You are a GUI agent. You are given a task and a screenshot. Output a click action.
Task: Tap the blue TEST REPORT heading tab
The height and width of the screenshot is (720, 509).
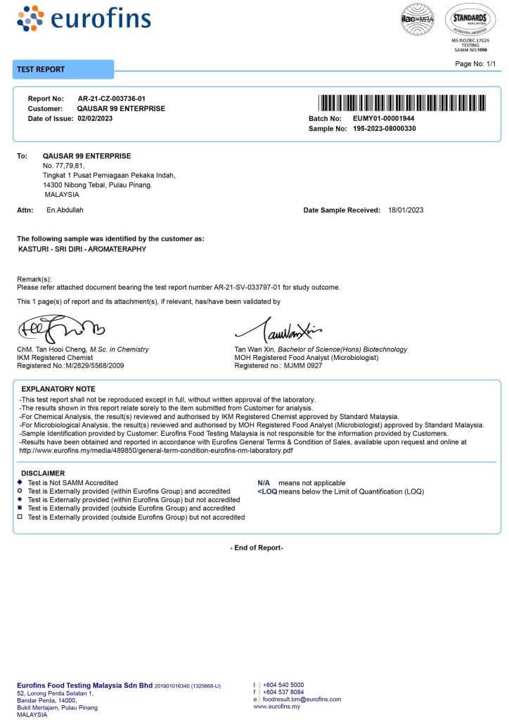click(63, 70)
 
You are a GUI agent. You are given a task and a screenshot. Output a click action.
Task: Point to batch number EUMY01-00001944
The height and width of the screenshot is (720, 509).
click(383, 119)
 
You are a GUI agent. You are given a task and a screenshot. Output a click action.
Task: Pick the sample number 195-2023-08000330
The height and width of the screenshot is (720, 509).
click(384, 129)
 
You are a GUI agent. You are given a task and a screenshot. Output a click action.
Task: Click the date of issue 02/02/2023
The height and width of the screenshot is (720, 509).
click(95, 118)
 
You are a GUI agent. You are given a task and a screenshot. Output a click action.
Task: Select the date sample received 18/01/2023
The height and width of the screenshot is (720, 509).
click(406, 210)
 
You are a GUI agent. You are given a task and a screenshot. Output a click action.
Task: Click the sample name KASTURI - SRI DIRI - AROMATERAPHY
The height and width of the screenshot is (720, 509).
click(82, 249)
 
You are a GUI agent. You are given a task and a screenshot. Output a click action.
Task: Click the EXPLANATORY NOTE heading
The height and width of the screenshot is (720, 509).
click(58, 389)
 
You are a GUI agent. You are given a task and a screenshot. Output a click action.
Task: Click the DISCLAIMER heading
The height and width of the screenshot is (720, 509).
click(43, 473)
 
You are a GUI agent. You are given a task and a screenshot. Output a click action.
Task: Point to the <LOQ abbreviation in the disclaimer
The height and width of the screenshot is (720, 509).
click(267, 491)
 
